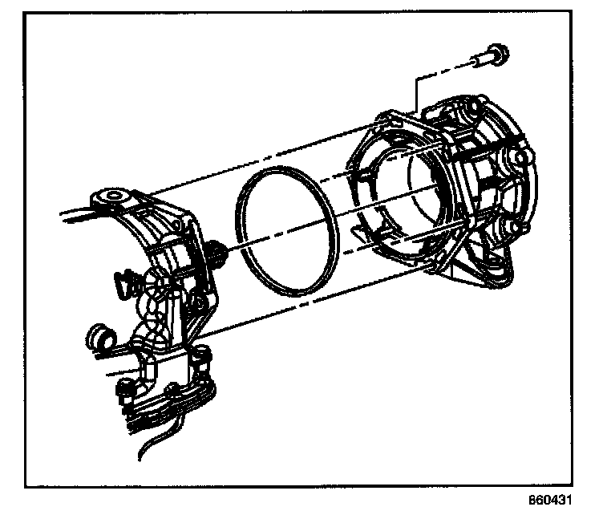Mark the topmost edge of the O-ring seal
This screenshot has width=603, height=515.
tap(277, 170)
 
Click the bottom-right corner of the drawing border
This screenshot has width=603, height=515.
tap(580, 485)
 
